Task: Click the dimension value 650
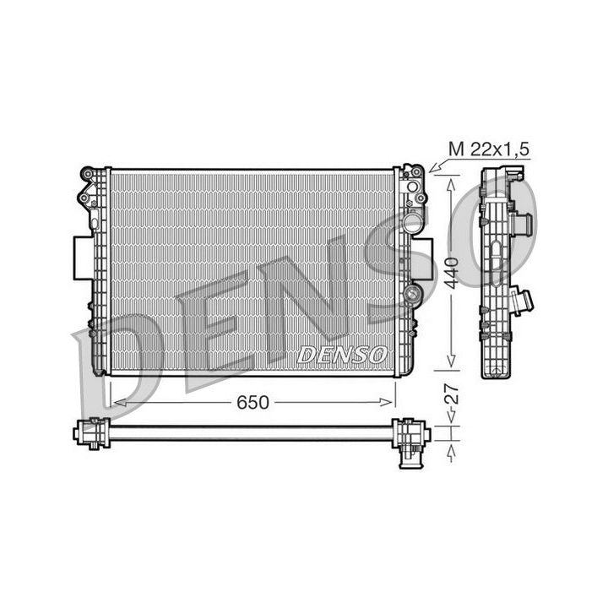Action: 252,403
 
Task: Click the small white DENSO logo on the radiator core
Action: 342,354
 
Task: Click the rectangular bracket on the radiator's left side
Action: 83,258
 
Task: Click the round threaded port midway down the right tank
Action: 413,295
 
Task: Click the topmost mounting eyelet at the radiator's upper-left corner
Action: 87,175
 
